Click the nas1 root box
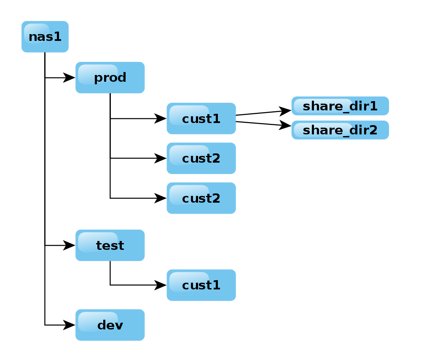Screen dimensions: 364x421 click(x=45, y=37)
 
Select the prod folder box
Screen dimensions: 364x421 click(x=110, y=78)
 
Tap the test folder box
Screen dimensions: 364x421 click(x=110, y=245)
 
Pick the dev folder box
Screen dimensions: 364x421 click(x=110, y=325)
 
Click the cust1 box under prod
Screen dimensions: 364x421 click(x=201, y=118)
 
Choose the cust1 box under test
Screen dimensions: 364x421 click(x=201, y=285)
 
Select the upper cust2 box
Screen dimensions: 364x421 click(x=201, y=158)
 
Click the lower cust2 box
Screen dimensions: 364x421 click(x=201, y=198)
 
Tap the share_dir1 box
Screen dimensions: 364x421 click(x=340, y=106)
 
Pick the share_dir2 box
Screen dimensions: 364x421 click(x=340, y=130)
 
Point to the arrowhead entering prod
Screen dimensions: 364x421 click(x=70, y=78)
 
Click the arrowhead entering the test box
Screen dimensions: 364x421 click(x=70, y=245)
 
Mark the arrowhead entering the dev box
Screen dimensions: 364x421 click(x=70, y=325)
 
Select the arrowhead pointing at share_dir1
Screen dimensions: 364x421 click(x=286, y=111)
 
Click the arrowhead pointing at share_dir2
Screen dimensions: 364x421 click(x=286, y=126)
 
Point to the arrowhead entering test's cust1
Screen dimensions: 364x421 click(x=161, y=285)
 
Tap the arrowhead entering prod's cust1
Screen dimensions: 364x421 click(x=161, y=118)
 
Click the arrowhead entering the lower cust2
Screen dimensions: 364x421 click(x=161, y=198)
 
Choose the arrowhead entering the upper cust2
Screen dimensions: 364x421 click(x=161, y=158)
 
